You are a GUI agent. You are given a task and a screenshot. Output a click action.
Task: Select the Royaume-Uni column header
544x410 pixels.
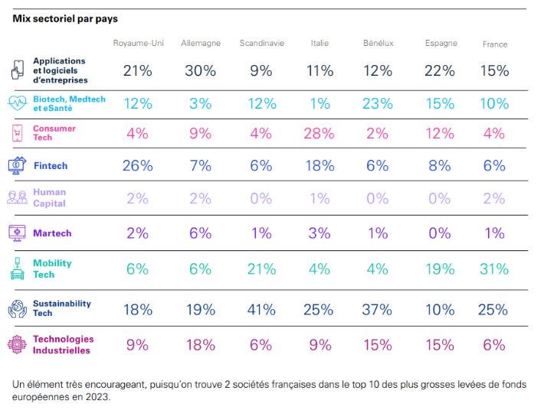tap(138, 44)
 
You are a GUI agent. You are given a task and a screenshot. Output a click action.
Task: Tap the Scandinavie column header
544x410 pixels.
tap(261, 44)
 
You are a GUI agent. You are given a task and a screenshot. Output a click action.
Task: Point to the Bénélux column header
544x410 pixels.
tap(378, 44)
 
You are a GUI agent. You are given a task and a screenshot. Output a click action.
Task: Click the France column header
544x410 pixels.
tap(495, 44)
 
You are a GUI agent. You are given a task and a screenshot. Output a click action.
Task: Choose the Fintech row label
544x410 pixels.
tap(51, 165)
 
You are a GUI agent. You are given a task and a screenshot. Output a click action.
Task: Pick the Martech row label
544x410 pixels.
tap(51, 233)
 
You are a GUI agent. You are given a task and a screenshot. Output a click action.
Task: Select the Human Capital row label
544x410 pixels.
tap(49, 198)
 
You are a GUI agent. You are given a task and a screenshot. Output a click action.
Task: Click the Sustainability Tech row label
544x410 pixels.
tap(63, 308)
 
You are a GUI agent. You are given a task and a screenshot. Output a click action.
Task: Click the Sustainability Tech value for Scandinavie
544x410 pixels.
tap(261, 309)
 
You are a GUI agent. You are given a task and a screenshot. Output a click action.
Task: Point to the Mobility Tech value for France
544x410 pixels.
tap(494, 268)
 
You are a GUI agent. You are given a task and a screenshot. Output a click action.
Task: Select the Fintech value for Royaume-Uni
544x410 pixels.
tap(138, 165)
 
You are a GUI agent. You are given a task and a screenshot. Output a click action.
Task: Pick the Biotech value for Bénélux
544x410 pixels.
tap(378, 103)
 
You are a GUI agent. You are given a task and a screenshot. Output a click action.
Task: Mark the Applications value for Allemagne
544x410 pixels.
tap(200, 71)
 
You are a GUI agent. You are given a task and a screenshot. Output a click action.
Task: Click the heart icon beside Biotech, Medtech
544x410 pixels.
tap(18, 103)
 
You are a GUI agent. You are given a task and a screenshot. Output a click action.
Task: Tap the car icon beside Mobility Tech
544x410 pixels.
tap(17, 268)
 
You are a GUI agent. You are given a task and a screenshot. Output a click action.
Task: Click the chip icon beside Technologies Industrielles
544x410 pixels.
tap(18, 344)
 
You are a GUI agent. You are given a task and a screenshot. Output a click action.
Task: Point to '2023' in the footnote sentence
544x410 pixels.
tap(99, 397)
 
